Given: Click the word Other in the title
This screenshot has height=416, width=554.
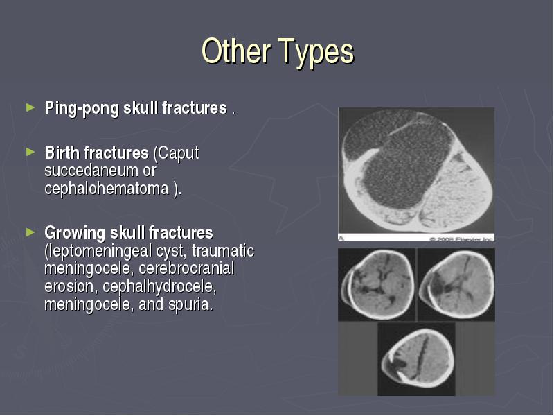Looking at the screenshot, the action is (x=236, y=51).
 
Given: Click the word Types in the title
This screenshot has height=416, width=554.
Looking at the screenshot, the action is (x=316, y=53).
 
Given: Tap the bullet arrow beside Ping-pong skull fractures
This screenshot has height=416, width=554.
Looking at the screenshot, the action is (x=30, y=107).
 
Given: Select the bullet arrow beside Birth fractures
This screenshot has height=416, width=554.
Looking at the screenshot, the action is (x=30, y=152).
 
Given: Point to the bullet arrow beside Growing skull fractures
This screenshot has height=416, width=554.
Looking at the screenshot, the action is (x=30, y=232).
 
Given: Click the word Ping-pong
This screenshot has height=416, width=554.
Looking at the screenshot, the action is (x=82, y=108).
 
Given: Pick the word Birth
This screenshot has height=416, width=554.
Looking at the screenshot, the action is (x=62, y=153).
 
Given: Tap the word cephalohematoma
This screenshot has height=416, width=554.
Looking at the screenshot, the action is (x=107, y=188).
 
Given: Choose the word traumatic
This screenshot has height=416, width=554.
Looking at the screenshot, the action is (x=223, y=250).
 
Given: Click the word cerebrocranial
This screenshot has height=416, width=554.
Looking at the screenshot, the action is (x=186, y=268).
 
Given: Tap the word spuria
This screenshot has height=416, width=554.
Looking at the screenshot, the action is (x=191, y=305).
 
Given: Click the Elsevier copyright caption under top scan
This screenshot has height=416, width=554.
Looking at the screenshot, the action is (x=461, y=239).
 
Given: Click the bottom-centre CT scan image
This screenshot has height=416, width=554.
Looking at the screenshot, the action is (x=417, y=358).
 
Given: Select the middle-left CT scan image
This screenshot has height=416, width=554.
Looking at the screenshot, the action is (x=377, y=284).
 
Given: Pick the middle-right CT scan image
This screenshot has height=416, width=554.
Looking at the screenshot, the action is (x=456, y=284).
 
